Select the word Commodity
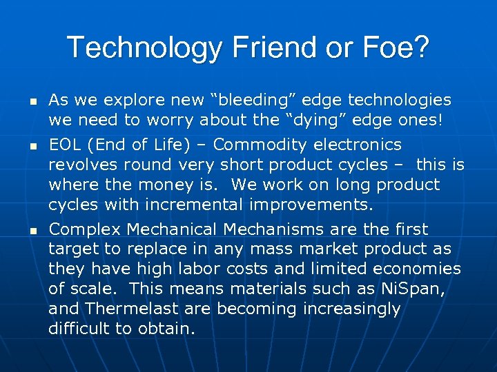pyautogui.click(x=262, y=145)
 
